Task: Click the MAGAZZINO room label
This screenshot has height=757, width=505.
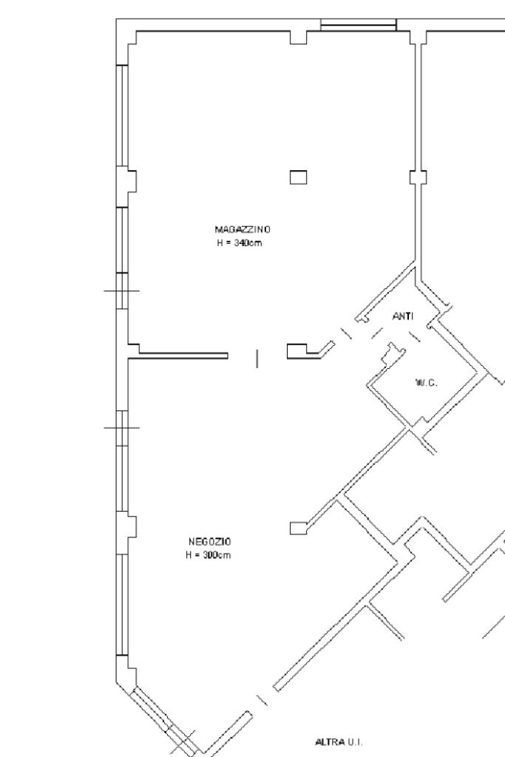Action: tap(237, 229)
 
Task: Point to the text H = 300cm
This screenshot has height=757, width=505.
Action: tap(209, 554)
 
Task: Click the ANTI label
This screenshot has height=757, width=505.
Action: tap(403, 316)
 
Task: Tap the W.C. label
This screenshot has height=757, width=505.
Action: tap(426, 382)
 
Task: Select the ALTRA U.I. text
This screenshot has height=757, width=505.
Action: tap(339, 741)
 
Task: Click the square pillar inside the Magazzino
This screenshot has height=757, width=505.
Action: tap(298, 177)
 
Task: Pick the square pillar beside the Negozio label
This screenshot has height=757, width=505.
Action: tap(298, 527)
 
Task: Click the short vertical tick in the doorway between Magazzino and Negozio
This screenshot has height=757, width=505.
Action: tap(257, 359)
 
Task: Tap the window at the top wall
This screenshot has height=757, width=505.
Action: tap(359, 26)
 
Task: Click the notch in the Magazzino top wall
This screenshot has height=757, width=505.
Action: tap(299, 37)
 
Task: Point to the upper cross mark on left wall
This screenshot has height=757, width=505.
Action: tap(121, 291)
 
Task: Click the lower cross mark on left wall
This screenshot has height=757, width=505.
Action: tap(121, 427)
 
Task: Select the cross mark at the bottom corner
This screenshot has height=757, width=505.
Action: tap(183, 742)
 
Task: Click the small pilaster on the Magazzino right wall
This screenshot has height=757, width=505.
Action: tap(418, 177)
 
